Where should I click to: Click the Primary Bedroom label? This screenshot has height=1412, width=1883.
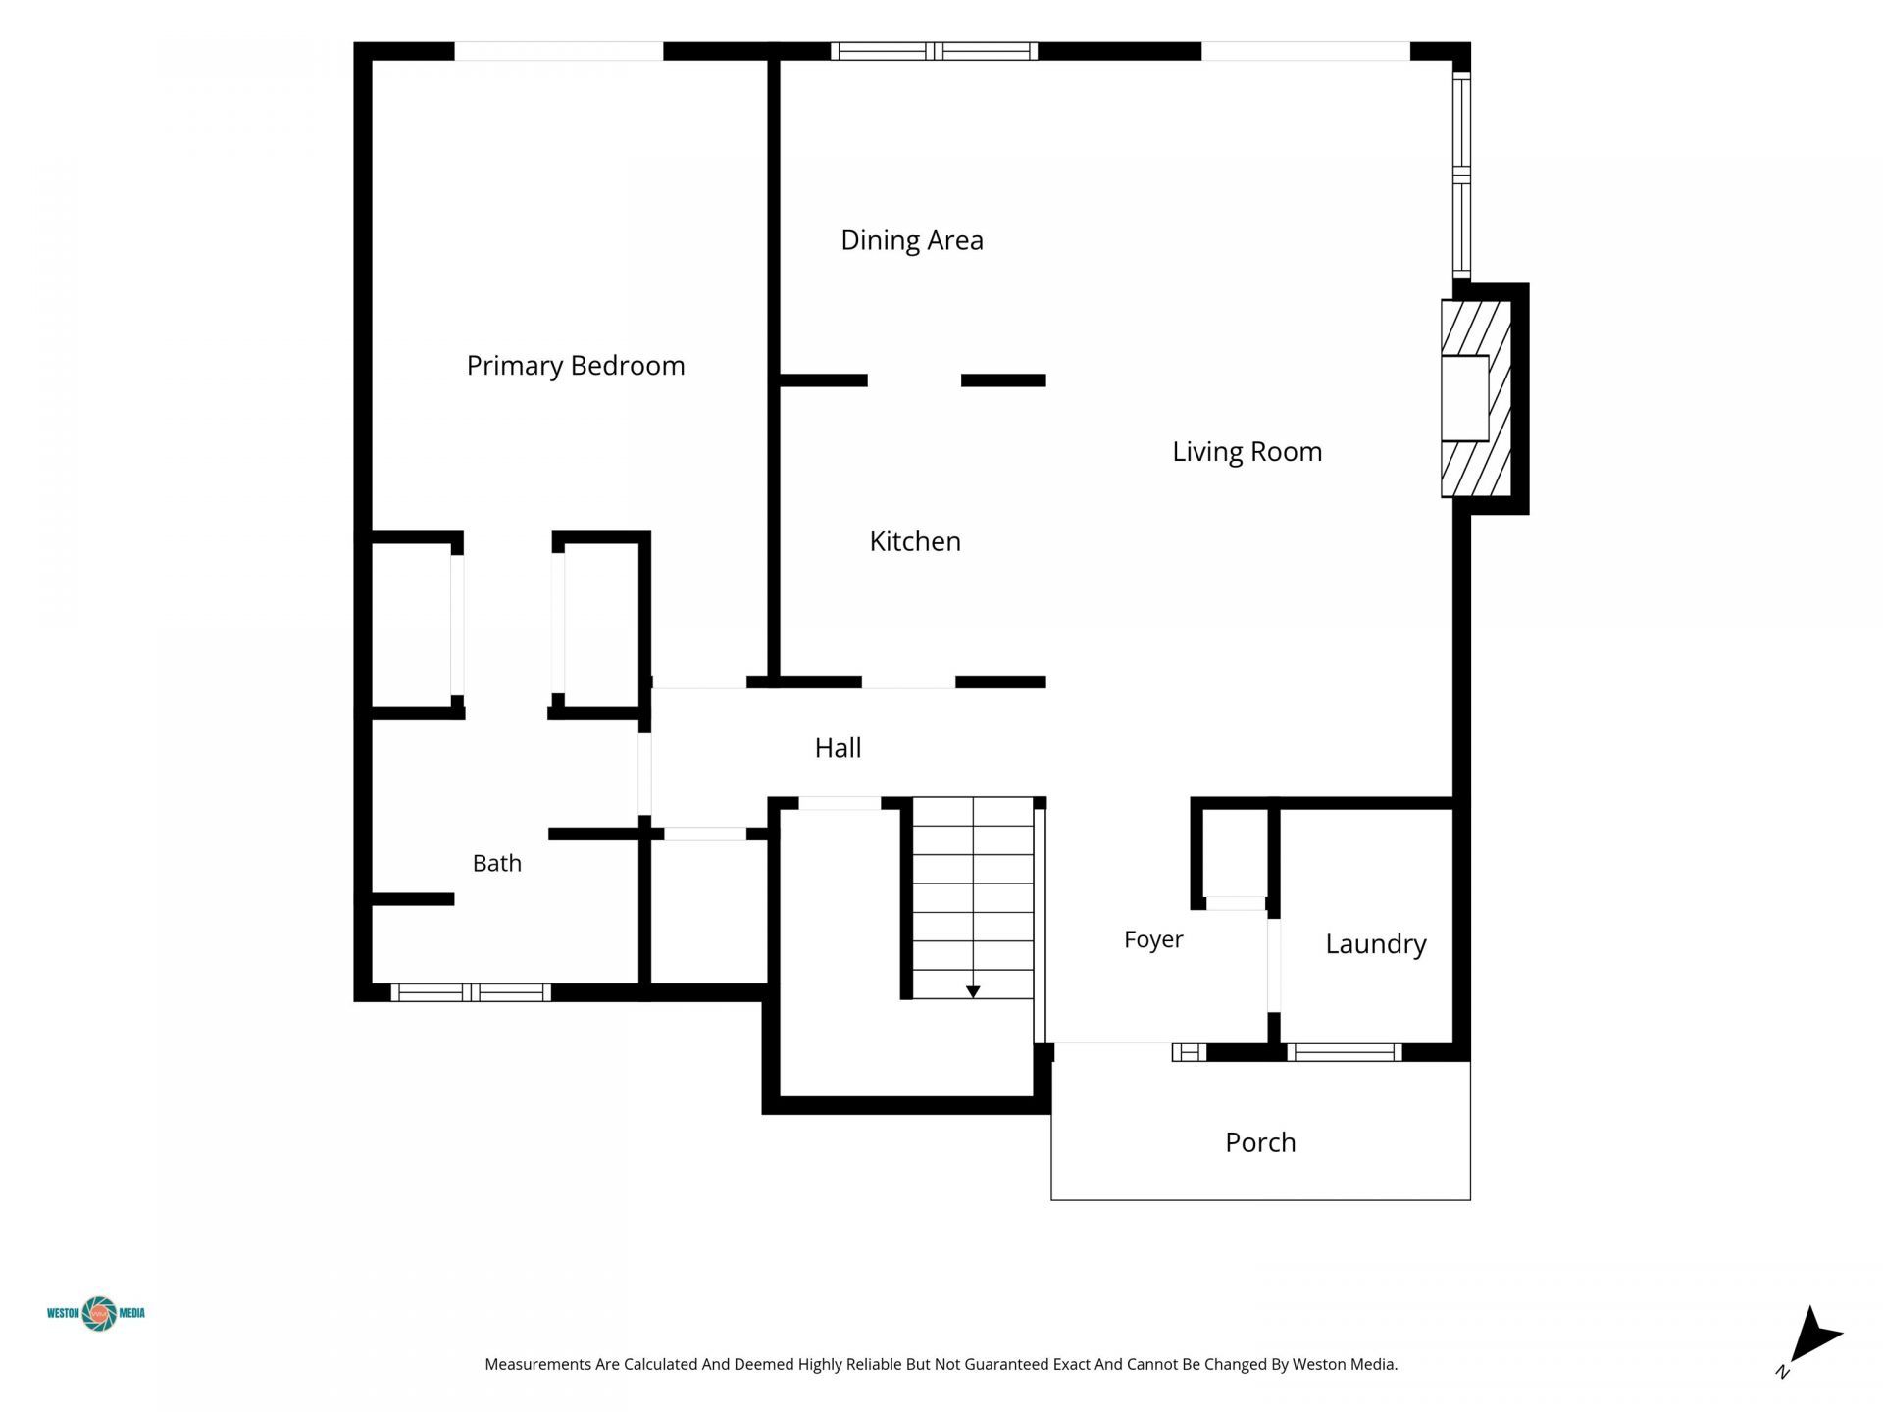576,366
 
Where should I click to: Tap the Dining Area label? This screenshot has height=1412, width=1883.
912,241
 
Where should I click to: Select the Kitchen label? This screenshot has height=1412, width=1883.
915,541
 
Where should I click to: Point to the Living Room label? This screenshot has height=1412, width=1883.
1247,452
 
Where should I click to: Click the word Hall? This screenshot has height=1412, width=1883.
839,748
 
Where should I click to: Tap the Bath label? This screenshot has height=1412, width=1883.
497,863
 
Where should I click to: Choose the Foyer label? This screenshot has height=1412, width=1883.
1153,940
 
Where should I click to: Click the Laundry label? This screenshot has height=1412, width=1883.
1376,944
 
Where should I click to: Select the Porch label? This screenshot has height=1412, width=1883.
1260,1142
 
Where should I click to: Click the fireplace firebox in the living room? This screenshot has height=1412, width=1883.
1464,398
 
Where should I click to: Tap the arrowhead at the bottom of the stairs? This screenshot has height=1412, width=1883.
973,992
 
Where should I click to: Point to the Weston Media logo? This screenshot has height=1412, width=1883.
97,1313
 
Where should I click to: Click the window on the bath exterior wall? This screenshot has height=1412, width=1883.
471,992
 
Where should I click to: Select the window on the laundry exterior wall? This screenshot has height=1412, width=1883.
1344,1052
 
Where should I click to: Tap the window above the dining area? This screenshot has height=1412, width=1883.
934,51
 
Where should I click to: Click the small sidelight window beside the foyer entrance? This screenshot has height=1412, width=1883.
1189,1052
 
